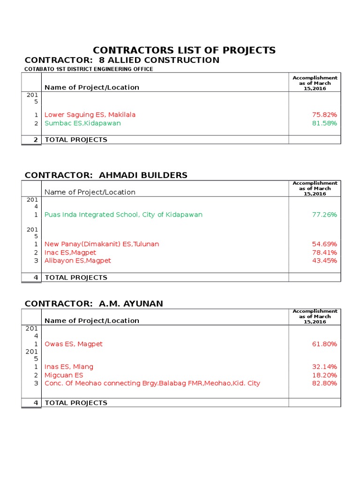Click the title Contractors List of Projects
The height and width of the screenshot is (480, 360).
tap(184, 50)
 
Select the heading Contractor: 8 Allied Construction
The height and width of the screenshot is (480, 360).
tap(122, 60)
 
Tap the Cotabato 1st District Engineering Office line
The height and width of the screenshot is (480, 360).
tap(89, 69)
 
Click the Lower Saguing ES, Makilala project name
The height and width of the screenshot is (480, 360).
tap(90, 114)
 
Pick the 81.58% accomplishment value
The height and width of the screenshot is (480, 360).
tap(324, 123)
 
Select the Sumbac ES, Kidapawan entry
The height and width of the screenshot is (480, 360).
tap(82, 123)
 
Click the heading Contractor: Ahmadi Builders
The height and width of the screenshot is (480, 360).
tap(106, 175)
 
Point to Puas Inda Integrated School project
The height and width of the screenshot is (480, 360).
tap(123, 215)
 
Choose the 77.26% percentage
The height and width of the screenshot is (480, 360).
tap(324, 215)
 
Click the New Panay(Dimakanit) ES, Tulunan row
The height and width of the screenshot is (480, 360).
tap(102, 244)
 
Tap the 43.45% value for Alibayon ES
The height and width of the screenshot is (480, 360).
tap(324, 261)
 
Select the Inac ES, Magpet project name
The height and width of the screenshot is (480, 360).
tap(70, 253)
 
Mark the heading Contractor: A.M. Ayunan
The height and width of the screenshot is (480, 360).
tap(94, 304)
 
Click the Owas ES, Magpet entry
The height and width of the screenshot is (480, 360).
tap(73, 344)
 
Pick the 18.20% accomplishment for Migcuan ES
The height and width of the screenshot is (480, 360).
tap(324, 375)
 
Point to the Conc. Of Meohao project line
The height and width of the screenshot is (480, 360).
tap(152, 383)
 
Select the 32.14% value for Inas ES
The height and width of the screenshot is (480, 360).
tap(324, 367)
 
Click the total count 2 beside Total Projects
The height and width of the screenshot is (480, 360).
tap(35, 140)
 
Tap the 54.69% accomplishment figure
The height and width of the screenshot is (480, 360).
tap(324, 244)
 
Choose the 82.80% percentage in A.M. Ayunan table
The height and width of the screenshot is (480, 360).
tap(324, 383)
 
